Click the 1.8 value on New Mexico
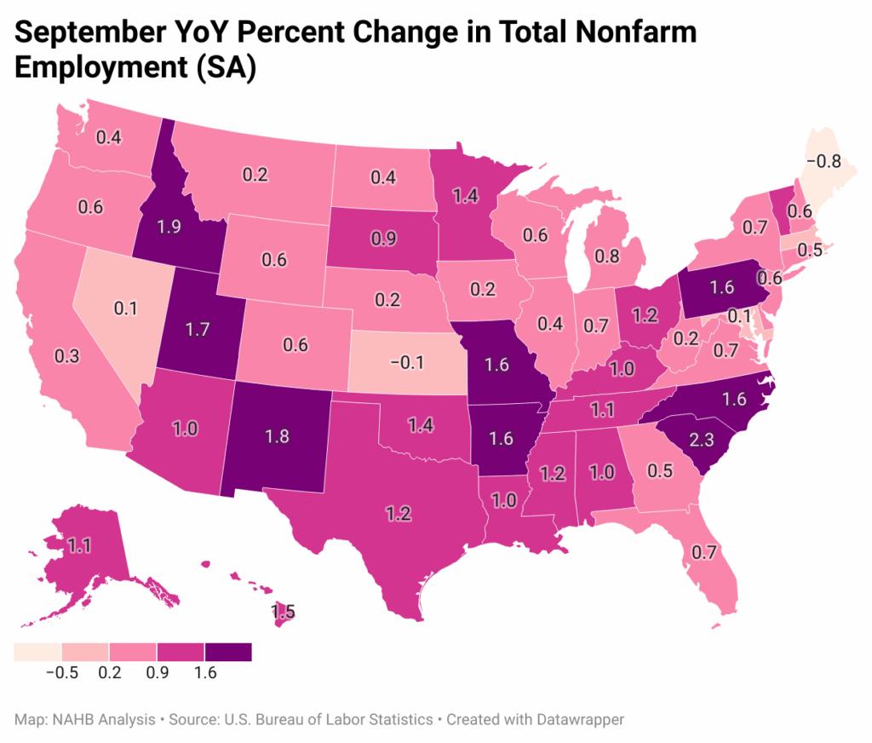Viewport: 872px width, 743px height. coord(278,437)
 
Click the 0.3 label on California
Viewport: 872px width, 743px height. coord(67,356)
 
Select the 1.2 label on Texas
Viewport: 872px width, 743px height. coord(399,513)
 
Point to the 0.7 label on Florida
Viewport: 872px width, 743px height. coord(703,552)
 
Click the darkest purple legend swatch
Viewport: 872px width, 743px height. coord(228,652)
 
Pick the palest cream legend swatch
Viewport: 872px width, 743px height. coord(37,652)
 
